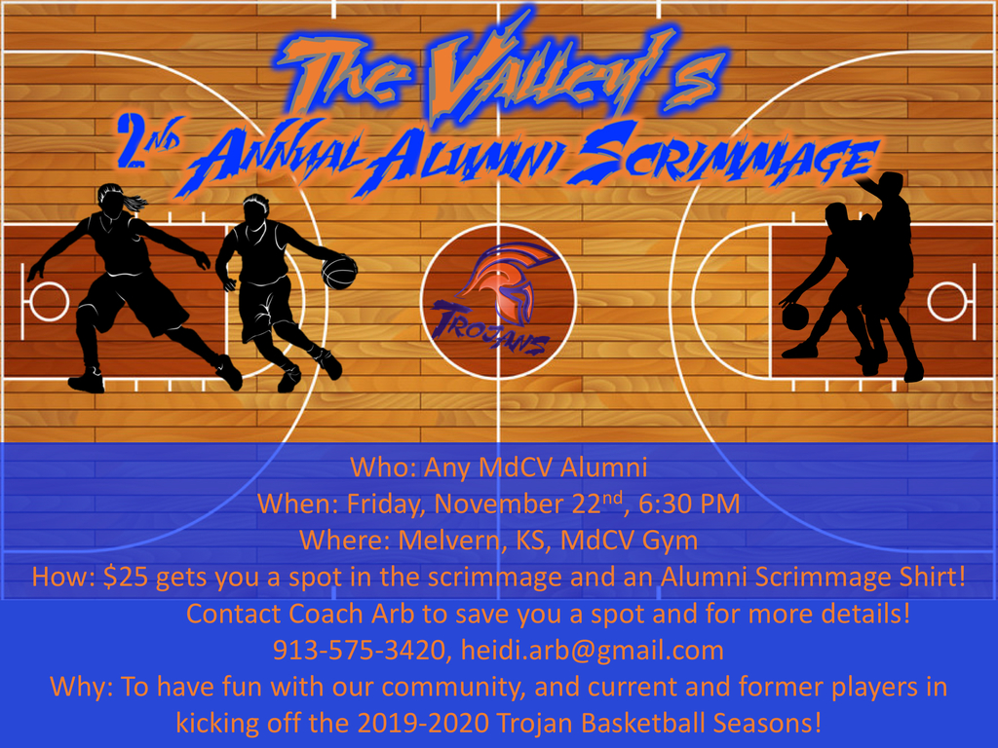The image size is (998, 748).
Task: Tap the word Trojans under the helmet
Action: click(x=490, y=329)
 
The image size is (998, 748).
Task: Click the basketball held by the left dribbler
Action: click(x=339, y=272)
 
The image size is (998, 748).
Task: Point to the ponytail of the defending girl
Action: click(x=134, y=203)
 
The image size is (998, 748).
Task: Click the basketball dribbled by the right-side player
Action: click(x=795, y=317)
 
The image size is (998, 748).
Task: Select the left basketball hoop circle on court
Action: click(x=49, y=301)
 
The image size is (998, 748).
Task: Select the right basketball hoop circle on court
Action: click(x=947, y=301)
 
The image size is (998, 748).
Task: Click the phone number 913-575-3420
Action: click(x=359, y=650)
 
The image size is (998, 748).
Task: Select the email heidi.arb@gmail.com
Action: click(x=593, y=651)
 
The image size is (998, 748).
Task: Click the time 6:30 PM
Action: click(x=689, y=504)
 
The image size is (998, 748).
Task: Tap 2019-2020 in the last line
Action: click(x=423, y=724)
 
